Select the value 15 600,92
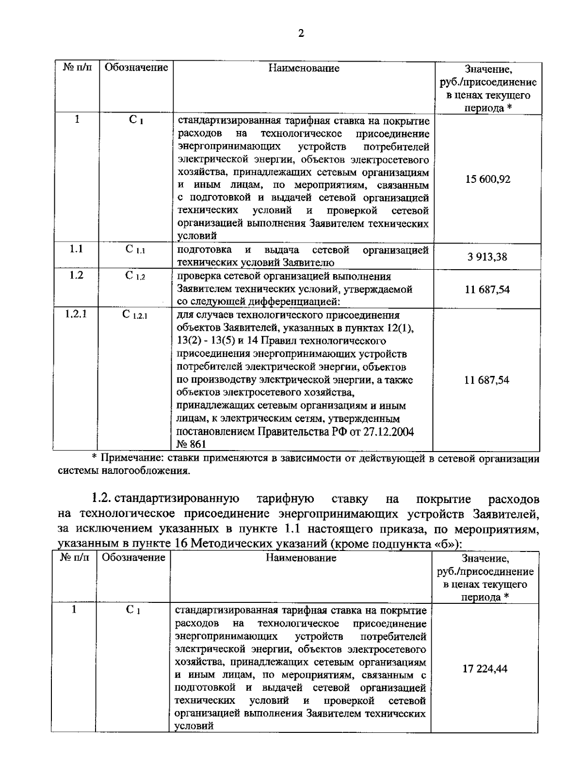[487, 179]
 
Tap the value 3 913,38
[487, 257]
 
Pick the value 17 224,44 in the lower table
[485, 669]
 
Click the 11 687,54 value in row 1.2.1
[486, 380]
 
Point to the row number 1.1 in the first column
[76, 249]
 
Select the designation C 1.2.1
[135, 315]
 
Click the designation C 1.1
[135, 250]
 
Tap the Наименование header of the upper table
[304, 68]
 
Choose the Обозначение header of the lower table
[133, 558]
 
